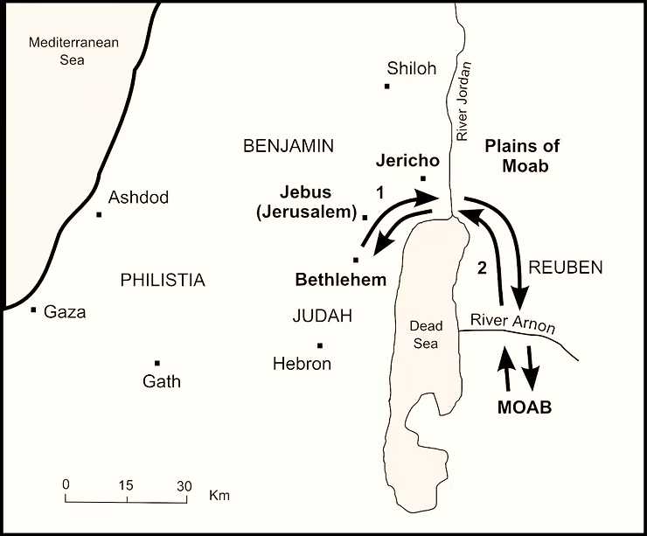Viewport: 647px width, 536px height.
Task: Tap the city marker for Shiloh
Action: click(386, 86)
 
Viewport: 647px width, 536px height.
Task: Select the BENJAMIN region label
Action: click(289, 146)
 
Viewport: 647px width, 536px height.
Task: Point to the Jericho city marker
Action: click(423, 179)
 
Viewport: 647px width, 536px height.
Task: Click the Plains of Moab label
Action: click(522, 156)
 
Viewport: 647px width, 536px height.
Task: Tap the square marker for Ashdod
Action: click(100, 214)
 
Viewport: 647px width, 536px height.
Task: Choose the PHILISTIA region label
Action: click(163, 280)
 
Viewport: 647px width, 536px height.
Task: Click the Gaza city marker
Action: click(33, 310)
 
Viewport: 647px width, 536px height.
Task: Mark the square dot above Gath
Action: click(157, 363)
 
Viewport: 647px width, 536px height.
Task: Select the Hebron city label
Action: click(302, 364)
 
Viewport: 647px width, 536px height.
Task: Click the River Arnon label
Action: click(512, 322)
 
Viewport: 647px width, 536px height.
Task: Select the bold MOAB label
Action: click(525, 408)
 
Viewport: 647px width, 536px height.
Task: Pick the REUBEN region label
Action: click(566, 268)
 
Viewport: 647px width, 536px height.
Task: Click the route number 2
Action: click(481, 269)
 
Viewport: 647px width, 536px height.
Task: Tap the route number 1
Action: click(379, 190)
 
